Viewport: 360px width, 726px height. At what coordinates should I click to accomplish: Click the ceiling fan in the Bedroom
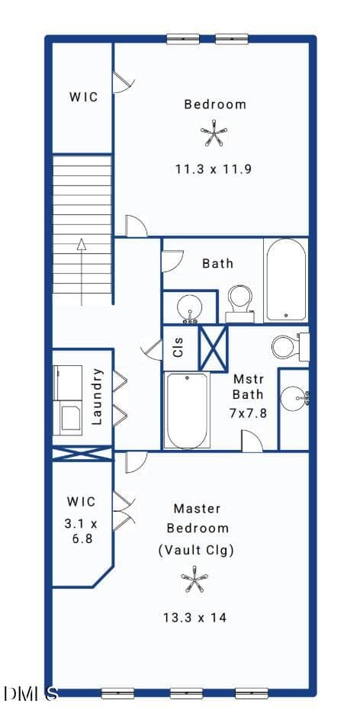[x=214, y=133]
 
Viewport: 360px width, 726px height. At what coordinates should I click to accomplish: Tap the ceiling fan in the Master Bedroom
[x=194, y=579]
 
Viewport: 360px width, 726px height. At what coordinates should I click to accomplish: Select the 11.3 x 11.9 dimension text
[x=214, y=169]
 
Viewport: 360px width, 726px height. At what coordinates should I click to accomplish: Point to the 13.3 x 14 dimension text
[x=194, y=617]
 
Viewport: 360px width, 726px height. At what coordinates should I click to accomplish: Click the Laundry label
[x=97, y=396]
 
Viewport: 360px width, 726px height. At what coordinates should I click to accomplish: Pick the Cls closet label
[x=178, y=347]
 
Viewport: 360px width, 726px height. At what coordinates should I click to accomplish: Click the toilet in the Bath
[x=240, y=304]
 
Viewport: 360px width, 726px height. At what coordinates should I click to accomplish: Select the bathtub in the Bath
[x=286, y=279]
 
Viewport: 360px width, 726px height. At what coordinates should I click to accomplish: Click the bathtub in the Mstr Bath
[x=187, y=410]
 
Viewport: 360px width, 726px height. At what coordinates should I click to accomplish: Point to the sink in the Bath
[x=189, y=308]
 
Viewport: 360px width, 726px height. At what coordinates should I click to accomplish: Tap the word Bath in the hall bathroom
[x=218, y=263]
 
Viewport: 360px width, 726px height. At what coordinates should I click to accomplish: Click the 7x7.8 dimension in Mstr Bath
[x=248, y=413]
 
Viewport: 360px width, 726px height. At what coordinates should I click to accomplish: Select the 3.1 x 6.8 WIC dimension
[x=82, y=532]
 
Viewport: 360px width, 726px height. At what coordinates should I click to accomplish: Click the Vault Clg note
[x=195, y=551]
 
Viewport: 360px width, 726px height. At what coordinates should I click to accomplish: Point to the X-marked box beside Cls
[x=213, y=348]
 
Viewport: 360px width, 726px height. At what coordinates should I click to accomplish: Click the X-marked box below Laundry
[x=82, y=454]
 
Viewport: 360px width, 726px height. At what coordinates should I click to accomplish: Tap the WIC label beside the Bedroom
[x=84, y=98]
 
